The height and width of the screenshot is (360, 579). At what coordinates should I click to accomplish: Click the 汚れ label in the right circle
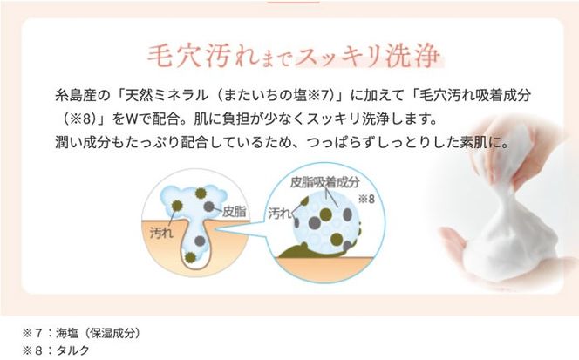[280, 212]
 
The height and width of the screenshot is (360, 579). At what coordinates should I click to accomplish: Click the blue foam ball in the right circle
[324, 224]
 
